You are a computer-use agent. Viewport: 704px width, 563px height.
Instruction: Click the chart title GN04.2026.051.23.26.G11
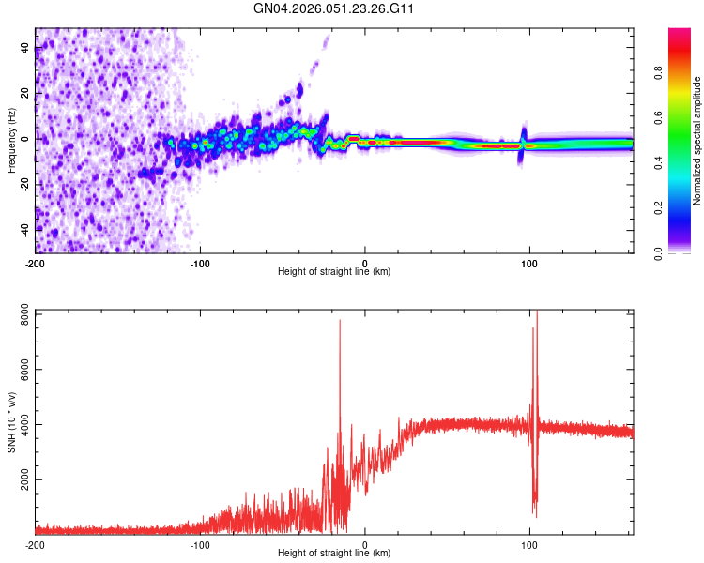point(335,8)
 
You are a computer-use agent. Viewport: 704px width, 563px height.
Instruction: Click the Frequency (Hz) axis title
point(11,141)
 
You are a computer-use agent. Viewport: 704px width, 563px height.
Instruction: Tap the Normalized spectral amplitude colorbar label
point(697,141)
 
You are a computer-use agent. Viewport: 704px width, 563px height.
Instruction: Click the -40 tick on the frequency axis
point(24,228)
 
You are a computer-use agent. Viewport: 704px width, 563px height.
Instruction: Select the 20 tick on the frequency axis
point(24,93)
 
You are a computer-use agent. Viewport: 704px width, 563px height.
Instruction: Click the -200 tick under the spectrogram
point(36,262)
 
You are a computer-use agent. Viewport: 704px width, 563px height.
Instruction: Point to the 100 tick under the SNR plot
point(529,543)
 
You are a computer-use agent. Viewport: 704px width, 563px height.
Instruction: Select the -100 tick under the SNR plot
point(200,543)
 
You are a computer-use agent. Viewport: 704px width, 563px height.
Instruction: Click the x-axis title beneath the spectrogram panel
point(334,271)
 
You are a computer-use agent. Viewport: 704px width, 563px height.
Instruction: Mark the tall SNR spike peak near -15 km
point(340,321)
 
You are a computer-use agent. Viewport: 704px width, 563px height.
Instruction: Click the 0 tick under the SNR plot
point(365,543)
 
